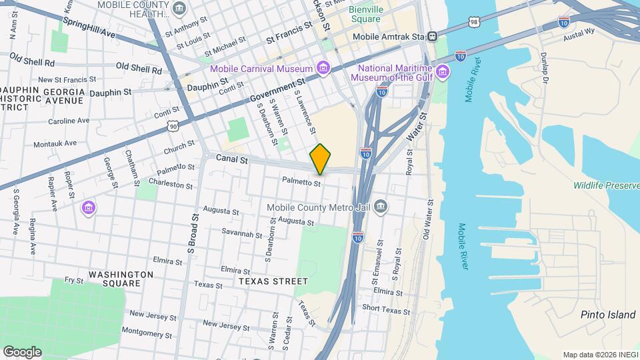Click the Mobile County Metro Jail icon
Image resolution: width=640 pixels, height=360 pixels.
pyautogui.click(x=380, y=206)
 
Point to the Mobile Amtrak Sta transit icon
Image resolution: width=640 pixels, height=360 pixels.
pyautogui.click(x=433, y=37)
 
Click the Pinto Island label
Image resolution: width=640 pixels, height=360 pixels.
pyautogui.click(x=607, y=315)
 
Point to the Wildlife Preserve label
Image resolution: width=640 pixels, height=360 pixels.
pyautogui.click(x=605, y=185)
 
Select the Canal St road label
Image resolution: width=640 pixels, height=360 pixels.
pyautogui.click(x=232, y=160)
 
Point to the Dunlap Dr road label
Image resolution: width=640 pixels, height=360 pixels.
pyautogui.click(x=543, y=69)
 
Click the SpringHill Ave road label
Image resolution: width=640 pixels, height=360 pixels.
pyautogui.click(x=89, y=27)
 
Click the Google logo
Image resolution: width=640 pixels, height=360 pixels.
pyautogui.click(x=22, y=351)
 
